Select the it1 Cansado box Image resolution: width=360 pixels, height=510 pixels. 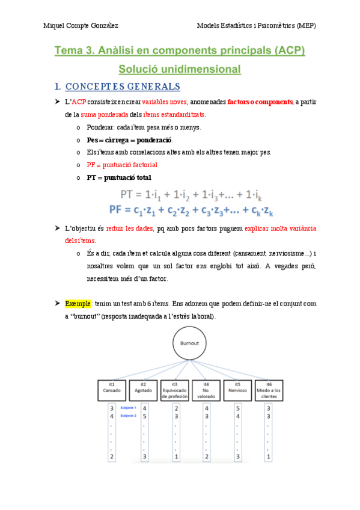point(112,390)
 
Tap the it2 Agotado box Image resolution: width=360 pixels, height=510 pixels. point(143,390)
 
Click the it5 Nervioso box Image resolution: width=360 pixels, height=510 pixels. point(237,390)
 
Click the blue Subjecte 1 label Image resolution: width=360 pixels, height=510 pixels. point(128,408)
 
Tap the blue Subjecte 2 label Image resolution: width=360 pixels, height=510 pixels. point(128,416)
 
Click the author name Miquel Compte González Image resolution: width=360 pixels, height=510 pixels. point(81,25)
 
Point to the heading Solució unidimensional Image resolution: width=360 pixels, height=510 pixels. point(180,69)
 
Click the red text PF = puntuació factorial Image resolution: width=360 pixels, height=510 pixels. point(122,164)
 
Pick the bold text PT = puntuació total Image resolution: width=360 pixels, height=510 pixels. point(119,177)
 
